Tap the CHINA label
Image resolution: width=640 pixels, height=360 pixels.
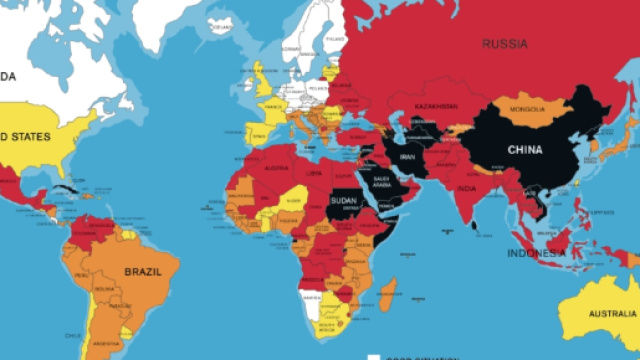tap(525, 151)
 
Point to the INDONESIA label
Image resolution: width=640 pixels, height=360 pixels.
tap(539, 254)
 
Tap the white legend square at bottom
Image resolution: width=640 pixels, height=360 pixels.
tap(372, 356)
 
